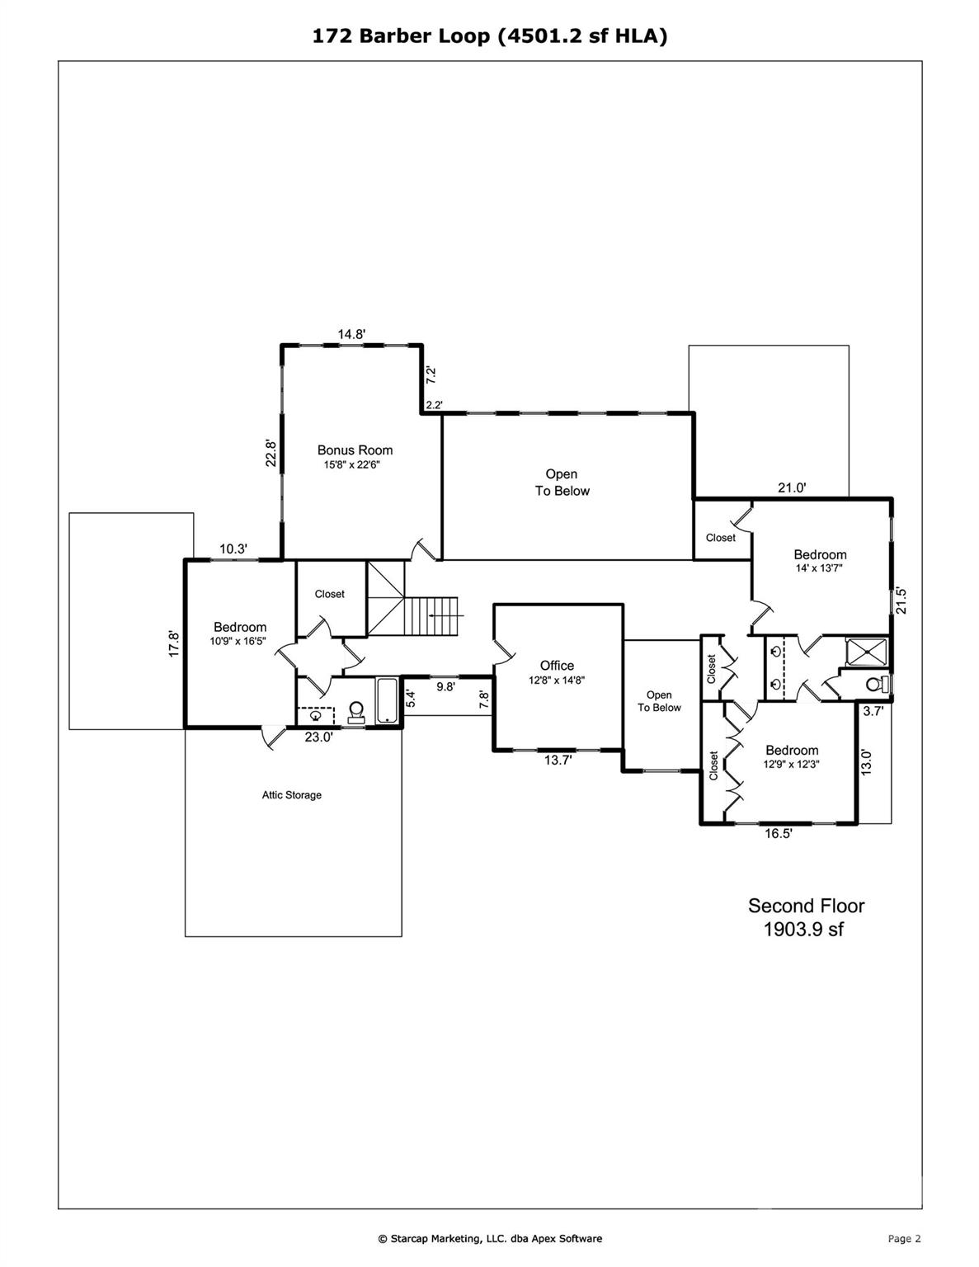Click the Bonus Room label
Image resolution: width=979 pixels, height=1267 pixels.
coord(355,450)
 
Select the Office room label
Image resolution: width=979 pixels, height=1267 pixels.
coord(557,666)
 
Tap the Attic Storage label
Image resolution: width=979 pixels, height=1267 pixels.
coord(292,795)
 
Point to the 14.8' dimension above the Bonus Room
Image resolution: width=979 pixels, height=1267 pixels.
coord(351,334)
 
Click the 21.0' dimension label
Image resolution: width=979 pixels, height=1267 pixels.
coord(792,487)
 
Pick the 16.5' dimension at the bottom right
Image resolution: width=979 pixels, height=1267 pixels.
coord(778,834)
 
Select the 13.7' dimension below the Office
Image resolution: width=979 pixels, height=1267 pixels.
coord(558,761)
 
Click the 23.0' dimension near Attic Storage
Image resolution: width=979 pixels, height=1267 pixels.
coord(318,737)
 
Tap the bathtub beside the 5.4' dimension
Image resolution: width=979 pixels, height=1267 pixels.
coord(387,701)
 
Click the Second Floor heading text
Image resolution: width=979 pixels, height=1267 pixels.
coord(806,906)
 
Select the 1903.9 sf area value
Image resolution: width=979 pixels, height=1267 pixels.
coord(803,930)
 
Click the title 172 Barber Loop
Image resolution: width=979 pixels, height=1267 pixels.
coord(403,35)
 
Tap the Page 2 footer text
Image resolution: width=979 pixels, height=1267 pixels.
coord(904,1238)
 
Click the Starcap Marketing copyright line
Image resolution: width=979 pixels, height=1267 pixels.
coord(490,1238)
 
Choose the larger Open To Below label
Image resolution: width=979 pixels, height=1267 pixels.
coord(562,483)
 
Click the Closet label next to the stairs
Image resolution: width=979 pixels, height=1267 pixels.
coord(329,594)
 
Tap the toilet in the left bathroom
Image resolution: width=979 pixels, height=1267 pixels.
coord(357,711)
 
